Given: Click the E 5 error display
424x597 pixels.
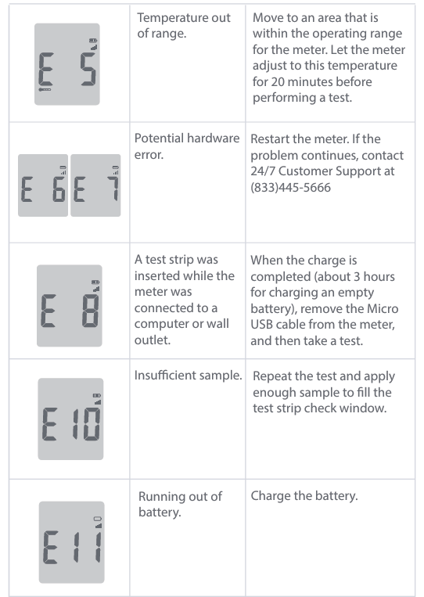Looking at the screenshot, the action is point(67,64).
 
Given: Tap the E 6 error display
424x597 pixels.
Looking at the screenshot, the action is point(43,185).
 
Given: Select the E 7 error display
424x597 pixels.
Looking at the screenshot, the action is point(95,185).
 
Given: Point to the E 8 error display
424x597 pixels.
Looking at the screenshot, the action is point(70,306).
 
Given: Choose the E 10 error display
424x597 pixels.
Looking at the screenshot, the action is point(70,419).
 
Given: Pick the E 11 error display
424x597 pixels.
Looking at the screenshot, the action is point(71,542).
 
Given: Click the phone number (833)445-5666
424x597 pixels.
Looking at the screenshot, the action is point(290,187).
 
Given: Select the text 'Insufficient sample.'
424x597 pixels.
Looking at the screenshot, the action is point(188,376).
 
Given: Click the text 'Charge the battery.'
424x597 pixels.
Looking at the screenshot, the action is point(304,496).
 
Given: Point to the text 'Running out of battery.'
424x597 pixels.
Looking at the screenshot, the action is point(180,504).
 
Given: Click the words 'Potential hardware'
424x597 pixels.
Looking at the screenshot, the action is point(187,138).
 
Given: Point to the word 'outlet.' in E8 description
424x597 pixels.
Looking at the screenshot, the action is point(153,340).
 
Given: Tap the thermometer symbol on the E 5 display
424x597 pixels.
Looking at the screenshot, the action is point(45,89).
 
